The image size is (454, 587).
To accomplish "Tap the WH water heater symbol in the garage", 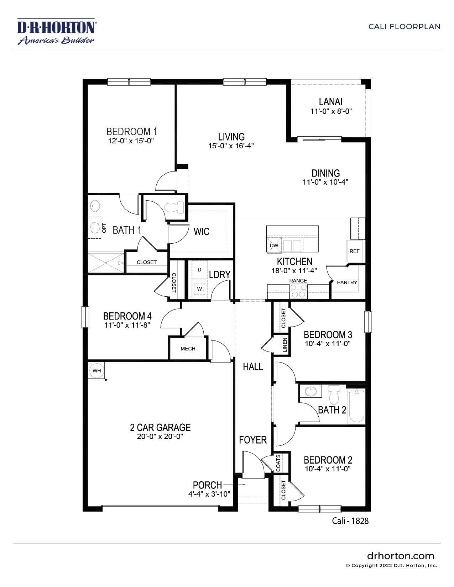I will point(96,371).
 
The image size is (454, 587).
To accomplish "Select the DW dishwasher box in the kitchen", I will point(274,245).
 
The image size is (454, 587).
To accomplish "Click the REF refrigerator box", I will point(355,251).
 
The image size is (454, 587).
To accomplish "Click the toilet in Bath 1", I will point(176,207).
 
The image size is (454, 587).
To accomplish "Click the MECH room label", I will point(188,349).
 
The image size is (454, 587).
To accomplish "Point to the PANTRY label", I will point(347,282).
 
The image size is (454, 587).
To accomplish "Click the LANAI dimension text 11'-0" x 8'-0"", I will point(331,111).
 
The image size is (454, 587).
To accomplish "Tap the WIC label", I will point(202,232).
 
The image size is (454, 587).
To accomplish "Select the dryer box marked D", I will point(199,270).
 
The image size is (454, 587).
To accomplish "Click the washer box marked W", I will point(199,288).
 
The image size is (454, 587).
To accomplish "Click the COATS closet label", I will point(278,462).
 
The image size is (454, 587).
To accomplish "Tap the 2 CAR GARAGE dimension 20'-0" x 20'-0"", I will point(160,437).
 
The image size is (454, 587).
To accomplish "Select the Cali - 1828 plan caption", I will point(350,521).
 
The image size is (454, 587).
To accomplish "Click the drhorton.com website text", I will point(400,556).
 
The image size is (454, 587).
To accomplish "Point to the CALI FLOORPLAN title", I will point(404,27).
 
